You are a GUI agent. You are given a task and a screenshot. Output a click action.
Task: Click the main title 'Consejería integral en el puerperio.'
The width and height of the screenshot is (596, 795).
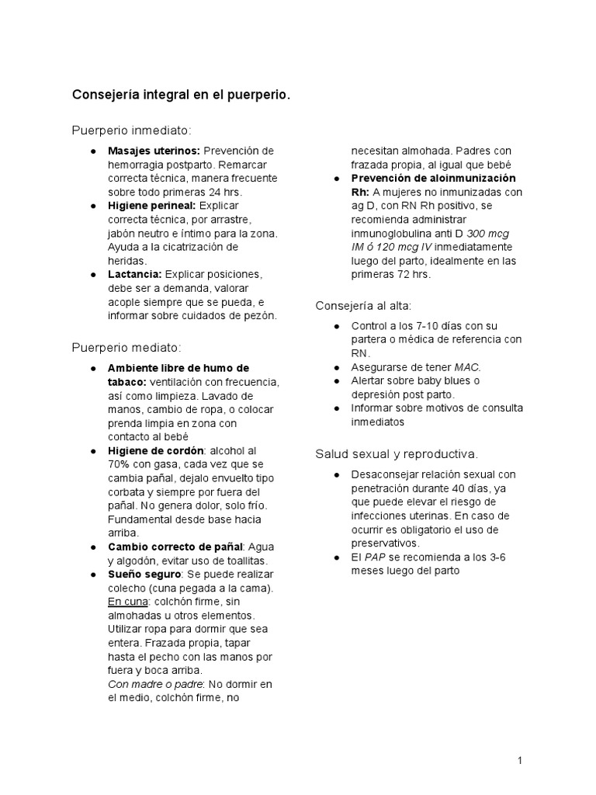181,95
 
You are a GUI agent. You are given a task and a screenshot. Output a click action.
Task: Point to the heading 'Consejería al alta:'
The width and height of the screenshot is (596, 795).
363,305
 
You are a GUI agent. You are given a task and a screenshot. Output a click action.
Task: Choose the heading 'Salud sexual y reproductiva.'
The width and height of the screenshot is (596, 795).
397,453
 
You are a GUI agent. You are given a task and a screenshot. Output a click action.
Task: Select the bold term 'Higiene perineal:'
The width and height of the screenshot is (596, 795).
151,206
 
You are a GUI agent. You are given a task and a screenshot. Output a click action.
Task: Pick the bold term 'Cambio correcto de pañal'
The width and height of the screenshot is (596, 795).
175,547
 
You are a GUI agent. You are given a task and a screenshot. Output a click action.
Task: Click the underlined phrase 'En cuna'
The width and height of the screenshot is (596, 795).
126,601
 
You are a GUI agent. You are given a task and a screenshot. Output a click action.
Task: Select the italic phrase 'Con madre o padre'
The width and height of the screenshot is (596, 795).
154,683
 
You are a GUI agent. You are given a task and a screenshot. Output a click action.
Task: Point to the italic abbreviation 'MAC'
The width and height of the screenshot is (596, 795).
467,367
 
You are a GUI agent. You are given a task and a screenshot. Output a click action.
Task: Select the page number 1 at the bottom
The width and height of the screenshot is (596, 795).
519,761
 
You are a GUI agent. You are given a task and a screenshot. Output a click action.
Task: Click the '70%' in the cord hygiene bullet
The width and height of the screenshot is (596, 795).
120,464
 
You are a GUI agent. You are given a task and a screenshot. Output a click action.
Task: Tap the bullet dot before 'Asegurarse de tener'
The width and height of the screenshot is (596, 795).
334,367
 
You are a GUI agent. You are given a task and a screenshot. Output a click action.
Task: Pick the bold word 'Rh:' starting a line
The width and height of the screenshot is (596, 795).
360,192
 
